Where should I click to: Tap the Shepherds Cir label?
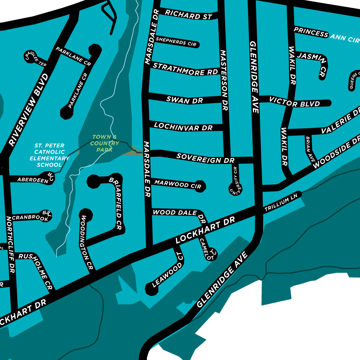pos(176,41)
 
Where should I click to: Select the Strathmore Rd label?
pos(185,69)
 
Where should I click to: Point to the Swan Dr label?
pos(185,100)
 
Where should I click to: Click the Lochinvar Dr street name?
pos(183,127)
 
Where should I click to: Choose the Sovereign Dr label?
pos(205,158)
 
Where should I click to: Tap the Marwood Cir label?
pos(178,185)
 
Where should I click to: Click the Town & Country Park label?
pos(105,143)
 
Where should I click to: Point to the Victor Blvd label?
pos(295,102)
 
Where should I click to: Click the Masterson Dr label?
pos(224,80)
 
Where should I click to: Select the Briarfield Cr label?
pos(116,202)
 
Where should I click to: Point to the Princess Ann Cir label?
pos(326,35)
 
